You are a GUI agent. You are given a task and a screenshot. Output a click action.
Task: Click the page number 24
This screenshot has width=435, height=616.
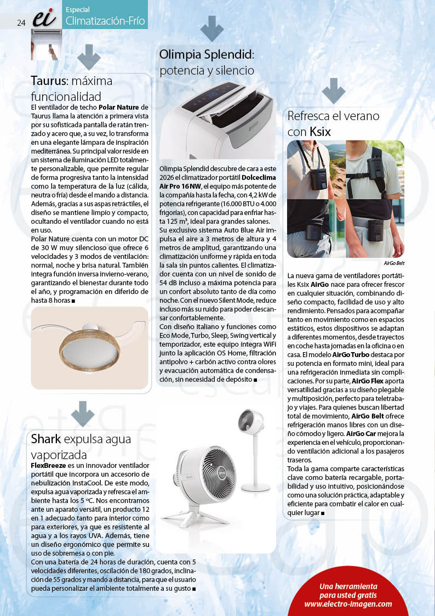click(x=21, y=22)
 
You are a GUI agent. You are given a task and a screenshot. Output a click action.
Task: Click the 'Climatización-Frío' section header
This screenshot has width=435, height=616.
click(x=105, y=21)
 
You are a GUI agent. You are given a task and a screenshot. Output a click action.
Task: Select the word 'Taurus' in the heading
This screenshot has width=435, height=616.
click(x=48, y=81)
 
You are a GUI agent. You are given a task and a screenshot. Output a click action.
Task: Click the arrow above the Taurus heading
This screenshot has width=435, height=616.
click(x=88, y=56)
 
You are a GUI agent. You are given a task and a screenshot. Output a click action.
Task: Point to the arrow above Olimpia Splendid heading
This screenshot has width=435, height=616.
click(x=212, y=28)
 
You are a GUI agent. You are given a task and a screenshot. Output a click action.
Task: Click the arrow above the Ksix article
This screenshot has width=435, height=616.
click(x=333, y=91)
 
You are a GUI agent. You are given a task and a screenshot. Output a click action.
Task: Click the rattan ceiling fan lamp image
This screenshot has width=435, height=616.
click(x=89, y=340)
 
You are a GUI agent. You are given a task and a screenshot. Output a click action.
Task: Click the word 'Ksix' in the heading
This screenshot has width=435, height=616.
click(x=320, y=132)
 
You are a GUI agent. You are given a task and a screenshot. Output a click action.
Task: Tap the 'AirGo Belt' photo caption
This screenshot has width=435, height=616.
click(x=394, y=263)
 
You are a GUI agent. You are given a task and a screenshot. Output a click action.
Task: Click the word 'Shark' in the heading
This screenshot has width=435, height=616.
click(x=46, y=439)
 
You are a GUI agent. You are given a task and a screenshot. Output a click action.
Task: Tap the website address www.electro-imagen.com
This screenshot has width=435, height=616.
click(x=348, y=604)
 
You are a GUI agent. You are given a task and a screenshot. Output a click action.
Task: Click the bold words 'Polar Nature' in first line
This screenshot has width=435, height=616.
click(x=119, y=106)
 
